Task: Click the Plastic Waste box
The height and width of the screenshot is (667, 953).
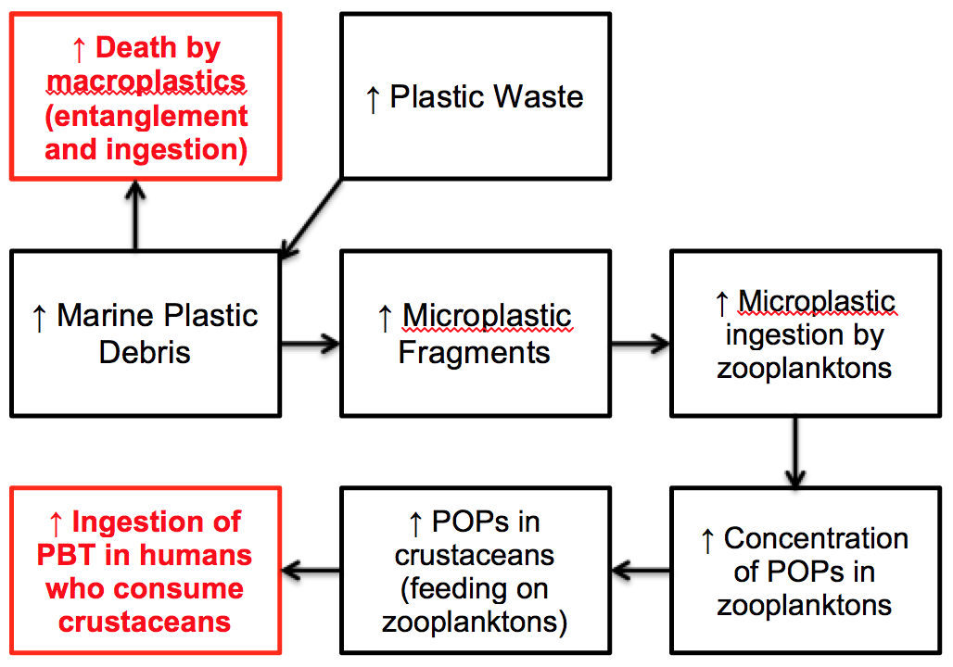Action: click(476, 95)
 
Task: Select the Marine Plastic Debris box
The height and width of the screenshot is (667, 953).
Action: click(145, 333)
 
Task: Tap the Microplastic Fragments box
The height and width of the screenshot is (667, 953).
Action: click(475, 333)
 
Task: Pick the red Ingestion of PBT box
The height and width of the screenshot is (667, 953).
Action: click(145, 571)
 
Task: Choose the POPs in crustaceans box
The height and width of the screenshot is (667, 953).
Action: click(475, 571)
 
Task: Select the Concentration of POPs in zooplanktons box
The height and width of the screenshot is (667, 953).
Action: click(804, 571)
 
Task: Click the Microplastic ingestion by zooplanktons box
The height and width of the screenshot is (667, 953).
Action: click(804, 333)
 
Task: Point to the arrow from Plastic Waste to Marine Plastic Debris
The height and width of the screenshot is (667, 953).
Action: click(311, 216)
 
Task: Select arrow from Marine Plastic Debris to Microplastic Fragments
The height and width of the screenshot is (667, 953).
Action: click(311, 345)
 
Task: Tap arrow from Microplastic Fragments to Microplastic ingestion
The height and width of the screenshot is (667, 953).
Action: click(640, 345)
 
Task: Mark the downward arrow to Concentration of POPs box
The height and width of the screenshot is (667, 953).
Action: click(794, 450)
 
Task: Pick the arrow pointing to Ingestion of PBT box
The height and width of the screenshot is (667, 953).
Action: click(311, 572)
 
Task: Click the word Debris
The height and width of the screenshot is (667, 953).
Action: click(145, 352)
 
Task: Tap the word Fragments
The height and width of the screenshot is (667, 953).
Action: click(474, 352)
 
